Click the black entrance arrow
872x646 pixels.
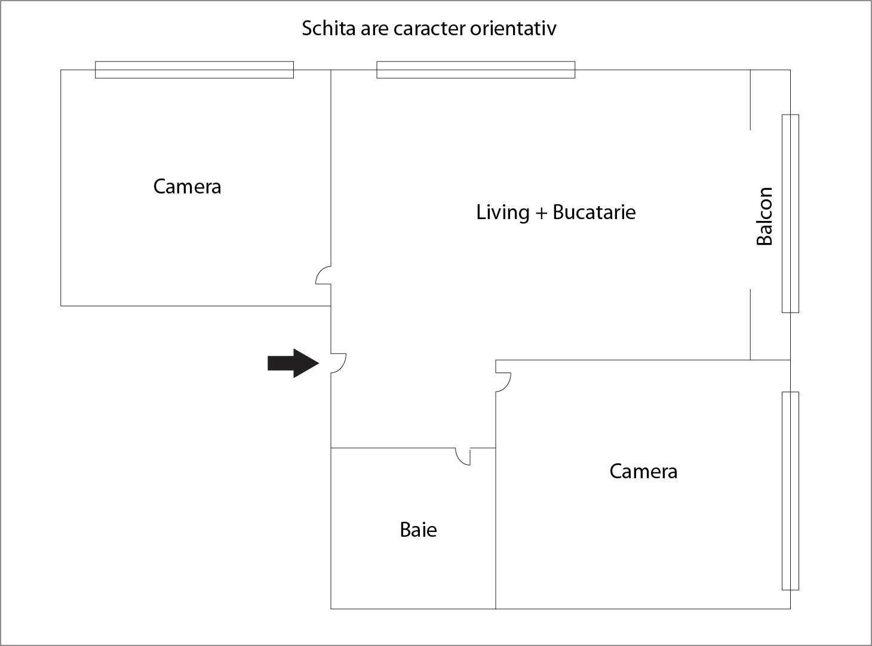(x=293, y=363)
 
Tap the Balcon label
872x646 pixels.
(x=764, y=216)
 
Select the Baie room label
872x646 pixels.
(x=418, y=530)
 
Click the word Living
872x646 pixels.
(x=503, y=213)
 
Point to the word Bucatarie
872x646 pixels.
(x=594, y=213)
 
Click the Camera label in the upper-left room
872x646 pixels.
(x=187, y=187)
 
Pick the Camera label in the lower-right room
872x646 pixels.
(x=644, y=472)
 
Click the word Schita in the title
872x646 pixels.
(x=328, y=28)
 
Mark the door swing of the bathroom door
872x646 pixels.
(x=463, y=457)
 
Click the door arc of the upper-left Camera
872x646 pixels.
(x=323, y=275)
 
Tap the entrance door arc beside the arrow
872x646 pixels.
(x=339, y=363)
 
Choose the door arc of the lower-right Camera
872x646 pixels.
(x=503, y=382)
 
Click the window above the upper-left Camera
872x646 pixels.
(x=194, y=70)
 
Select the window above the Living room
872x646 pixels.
(x=475, y=70)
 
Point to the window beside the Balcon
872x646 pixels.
(x=790, y=214)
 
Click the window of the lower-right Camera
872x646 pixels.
(x=790, y=491)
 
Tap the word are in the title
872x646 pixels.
(x=374, y=30)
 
